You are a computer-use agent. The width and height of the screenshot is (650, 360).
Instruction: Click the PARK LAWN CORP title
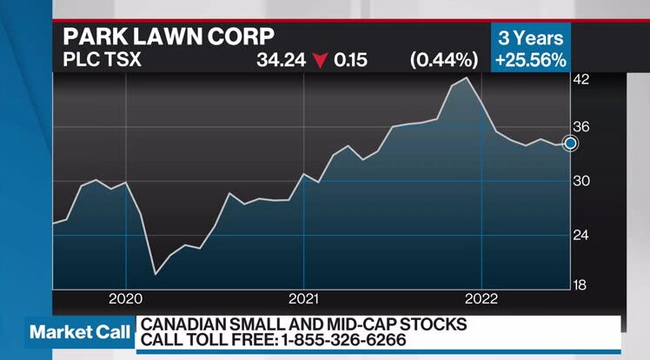[168, 37]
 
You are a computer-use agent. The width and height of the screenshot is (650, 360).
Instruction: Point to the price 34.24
[277, 61]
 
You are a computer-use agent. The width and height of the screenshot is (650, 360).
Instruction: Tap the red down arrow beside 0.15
[322, 61]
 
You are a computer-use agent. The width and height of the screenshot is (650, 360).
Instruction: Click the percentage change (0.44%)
[444, 61]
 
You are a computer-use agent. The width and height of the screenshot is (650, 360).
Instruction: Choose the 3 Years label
[530, 38]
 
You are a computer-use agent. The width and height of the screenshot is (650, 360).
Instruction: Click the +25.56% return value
[530, 60]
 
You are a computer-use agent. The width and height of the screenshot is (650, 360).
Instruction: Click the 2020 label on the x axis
[126, 298]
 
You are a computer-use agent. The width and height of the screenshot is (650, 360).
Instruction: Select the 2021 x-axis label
[303, 298]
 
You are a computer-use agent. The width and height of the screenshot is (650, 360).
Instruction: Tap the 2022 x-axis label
[481, 298]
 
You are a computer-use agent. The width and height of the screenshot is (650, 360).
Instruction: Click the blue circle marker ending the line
[570, 143]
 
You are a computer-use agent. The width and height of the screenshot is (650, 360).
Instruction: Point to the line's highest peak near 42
[468, 78]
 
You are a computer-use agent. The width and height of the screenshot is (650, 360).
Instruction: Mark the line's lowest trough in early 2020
[156, 274]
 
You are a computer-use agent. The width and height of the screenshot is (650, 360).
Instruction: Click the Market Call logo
[80, 332]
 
